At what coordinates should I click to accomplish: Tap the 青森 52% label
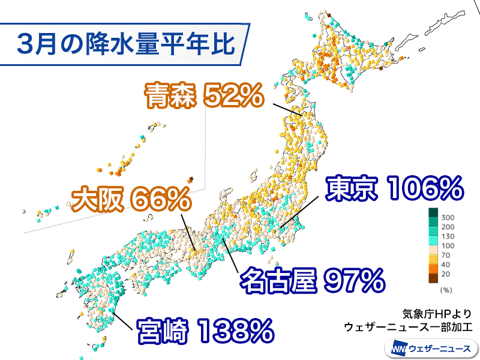[x=203, y=96]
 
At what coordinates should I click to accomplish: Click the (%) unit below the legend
[x=445, y=290]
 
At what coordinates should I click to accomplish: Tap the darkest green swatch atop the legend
[x=433, y=212]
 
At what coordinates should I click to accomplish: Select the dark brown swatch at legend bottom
[x=433, y=278]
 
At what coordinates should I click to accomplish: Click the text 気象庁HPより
[x=437, y=313]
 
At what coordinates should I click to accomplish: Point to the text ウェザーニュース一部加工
[x=409, y=327]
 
